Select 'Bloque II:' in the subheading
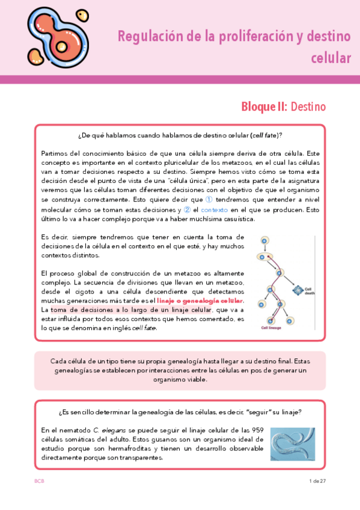pyautogui.click(x=264, y=107)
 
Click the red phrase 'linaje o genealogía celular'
pyautogui.click(x=200, y=301)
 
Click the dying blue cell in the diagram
pyautogui.click(x=297, y=290)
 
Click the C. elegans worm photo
pyautogui.click(x=292, y=445)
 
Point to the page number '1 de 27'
pyautogui.click(x=316, y=481)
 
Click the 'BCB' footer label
pyautogui.click(x=39, y=481)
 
